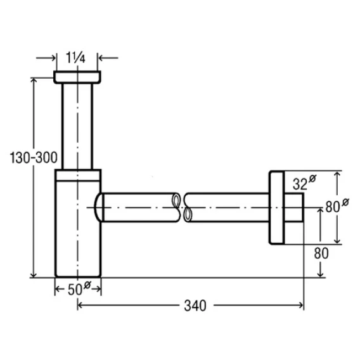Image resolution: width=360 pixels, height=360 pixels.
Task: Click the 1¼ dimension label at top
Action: (75, 58)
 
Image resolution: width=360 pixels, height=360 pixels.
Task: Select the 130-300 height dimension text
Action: (34, 158)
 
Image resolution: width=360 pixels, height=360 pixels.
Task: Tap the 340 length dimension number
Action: (195, 306)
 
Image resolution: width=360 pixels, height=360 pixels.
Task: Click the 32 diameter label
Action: (304, 182)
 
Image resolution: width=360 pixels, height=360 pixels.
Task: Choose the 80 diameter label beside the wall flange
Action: (337, 205)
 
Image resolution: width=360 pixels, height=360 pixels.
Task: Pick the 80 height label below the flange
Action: (321, 254)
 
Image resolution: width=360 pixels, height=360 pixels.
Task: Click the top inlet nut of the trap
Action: (77, 77)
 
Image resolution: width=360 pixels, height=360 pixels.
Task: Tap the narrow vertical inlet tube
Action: (77, 127)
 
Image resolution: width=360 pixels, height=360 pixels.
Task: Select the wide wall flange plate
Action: (277, 207)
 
